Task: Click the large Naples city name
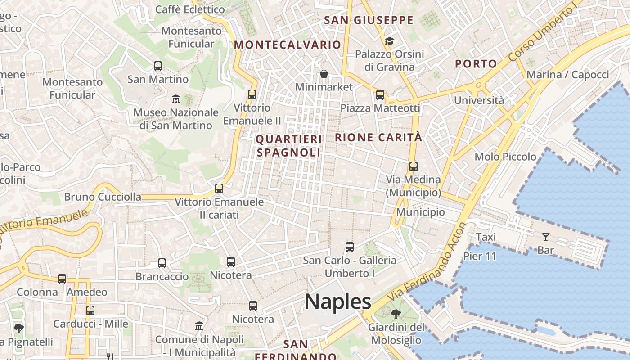[338, 301]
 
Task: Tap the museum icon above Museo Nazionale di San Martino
[176, 99]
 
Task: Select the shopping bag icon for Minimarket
[324, 73]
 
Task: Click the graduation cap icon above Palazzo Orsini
[389, 41]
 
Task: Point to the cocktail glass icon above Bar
[545, 237]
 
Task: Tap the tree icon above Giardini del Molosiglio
[396, 314]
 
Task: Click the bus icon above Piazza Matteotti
[380, 94]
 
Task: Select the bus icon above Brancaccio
[162, 263]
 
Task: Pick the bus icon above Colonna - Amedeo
[62, 279]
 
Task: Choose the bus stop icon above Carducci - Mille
[90, 310]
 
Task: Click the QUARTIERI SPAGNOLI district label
[288, 146]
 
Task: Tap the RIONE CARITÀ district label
[379, 137]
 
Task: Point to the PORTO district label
[476, 64]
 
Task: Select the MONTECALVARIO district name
[288, 45]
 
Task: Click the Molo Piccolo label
[505, 157]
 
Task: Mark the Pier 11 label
[479, 256]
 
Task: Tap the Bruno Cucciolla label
[103, 197]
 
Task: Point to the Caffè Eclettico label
[190, 9]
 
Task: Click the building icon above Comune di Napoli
[199, 326]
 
